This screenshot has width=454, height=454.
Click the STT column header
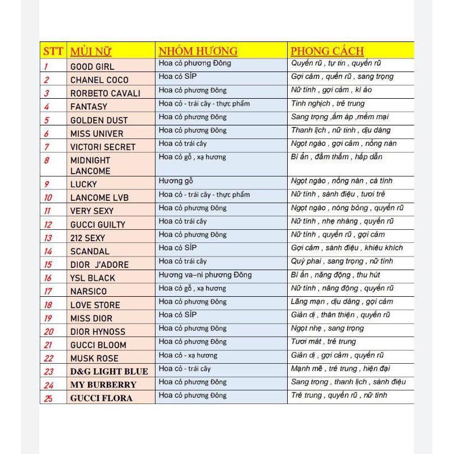point(53,51)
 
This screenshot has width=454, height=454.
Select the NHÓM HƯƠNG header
point(198,51)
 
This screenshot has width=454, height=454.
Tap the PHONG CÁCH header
point(327,51)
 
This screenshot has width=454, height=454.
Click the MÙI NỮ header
point(91,52)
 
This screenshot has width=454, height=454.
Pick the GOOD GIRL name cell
point(92,66)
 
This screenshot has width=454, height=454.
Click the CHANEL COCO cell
point(99,80)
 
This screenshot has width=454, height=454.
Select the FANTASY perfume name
point(89,107)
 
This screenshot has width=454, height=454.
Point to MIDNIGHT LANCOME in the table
point(90,166)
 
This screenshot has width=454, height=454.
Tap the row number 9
point(47,184)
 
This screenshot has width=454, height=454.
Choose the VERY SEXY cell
point(92,211)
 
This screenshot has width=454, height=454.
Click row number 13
point(48,238)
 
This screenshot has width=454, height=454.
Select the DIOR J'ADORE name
point(99,264)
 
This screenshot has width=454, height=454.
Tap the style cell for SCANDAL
point(347,248)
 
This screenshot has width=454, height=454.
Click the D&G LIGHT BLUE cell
point(109,372)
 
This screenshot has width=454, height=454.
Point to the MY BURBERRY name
point(103,385)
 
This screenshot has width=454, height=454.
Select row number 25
point(48,398)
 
